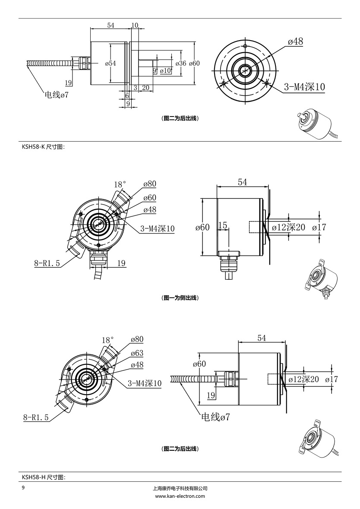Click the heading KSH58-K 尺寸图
coord(43,147)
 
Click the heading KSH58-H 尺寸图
coord(43,477)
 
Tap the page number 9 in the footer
coord(23,488)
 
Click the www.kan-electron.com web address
coord(180,496)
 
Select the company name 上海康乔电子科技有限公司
coord(180,488)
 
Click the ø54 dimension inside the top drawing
coord(111,63)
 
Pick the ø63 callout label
coord(137,353)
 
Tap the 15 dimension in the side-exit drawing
coord(222,225)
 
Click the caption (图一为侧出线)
coord(180,298)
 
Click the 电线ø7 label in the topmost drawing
coord(57,95)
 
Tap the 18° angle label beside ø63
coord(108,340)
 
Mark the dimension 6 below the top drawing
coord(127,95)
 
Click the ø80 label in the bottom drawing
coord(137,339)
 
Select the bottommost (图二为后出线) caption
coord(180,449)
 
